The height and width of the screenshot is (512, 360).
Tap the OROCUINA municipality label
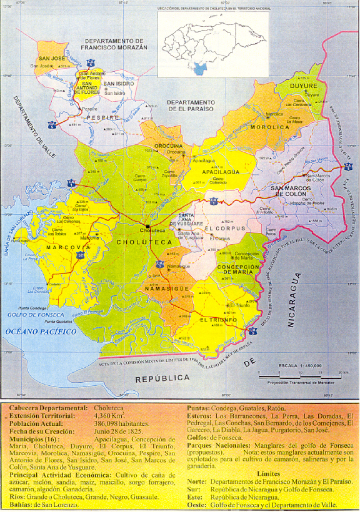(169, 146)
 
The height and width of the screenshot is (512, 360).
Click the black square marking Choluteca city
(147, 225)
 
